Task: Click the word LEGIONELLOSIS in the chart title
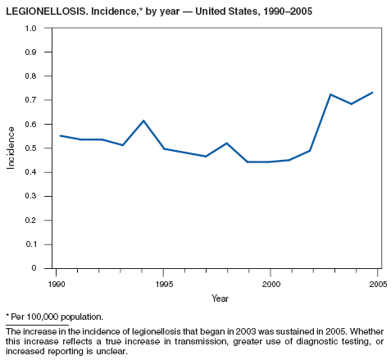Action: pyautogui.click(x=47, y=11)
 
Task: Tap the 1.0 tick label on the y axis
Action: pyautogui.click(x=31, y=28)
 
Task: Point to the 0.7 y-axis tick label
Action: pyautogui.click(x=31, y=100)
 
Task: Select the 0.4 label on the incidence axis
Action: pyautogui.click(x=31, y=172)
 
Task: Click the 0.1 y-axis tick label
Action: pyautogui.click(x=31, y=244)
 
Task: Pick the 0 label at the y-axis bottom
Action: pyautogui.click(x=34, y=268)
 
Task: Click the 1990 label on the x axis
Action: pyautogui.click(x=57, y=285)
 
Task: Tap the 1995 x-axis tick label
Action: pyautogui.click(x=164, y=285)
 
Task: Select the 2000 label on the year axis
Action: pyautogui.click(x=271, y=285)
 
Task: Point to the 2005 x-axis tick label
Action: pyautogui.click(x=378, y=285)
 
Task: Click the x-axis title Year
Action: pyautogui.click(x=220, y=298)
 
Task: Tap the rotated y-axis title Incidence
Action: pyautogui.click(x=11, y=148)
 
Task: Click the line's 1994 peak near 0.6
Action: pyautogui.click(x=143, y=121)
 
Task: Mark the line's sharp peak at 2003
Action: pyautogui.click(x=330, y=94)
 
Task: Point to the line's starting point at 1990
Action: pyautogui.click(x=60, y=135)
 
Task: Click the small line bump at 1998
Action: pyautogui.click(x=227, y=144)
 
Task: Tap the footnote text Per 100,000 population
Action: pyautogui.click(x=57, y=317)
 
